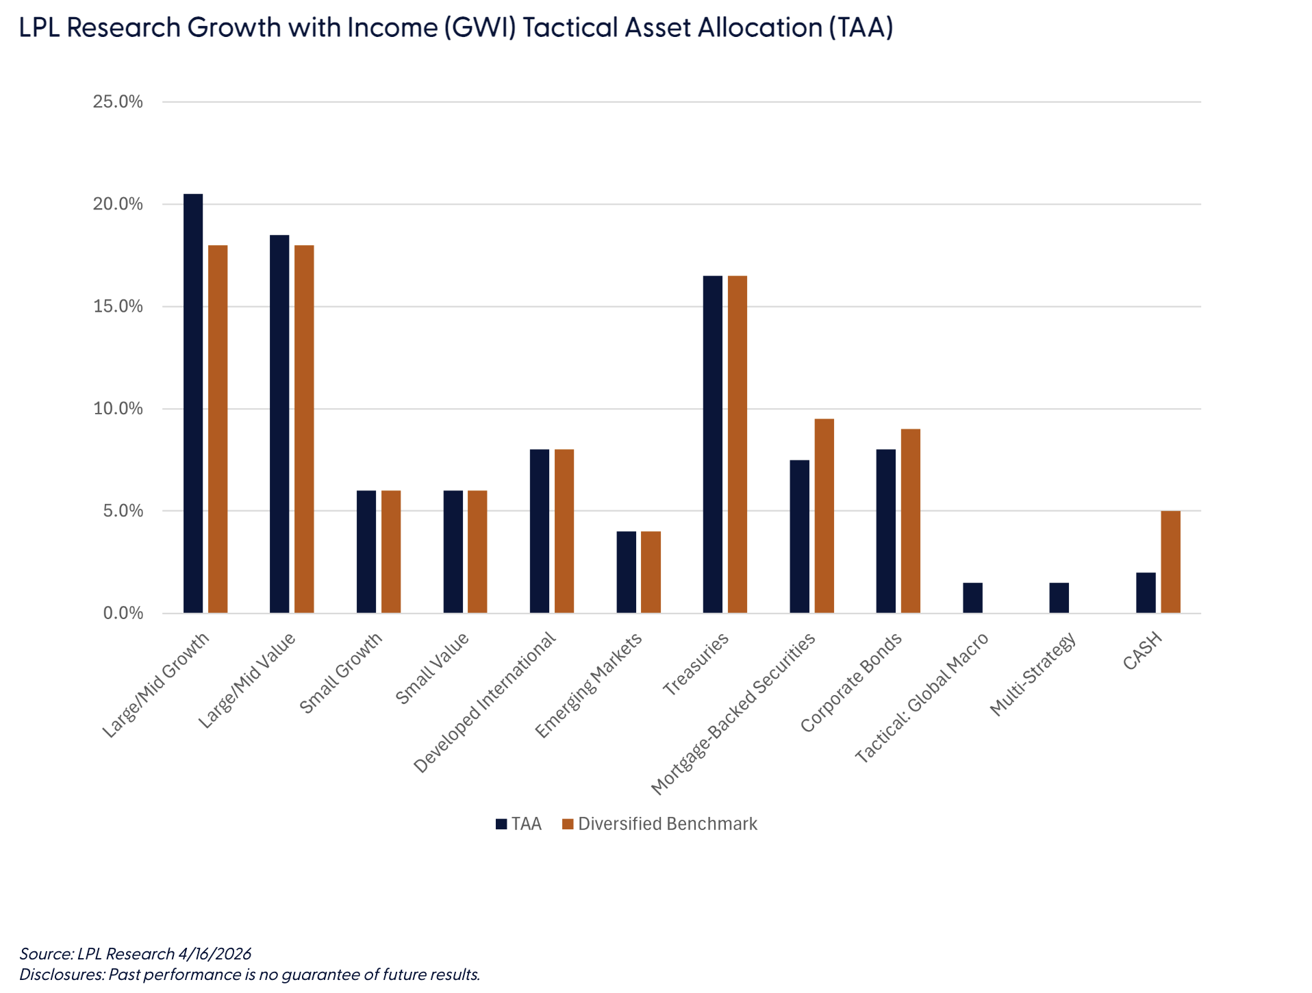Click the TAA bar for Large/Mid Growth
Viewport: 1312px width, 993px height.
tap(193, 403)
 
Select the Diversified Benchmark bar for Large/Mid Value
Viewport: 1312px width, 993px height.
tap(304, 429)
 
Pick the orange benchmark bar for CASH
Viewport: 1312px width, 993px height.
tap(1170, 562)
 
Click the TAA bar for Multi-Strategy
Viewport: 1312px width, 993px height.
tap(1059, 598)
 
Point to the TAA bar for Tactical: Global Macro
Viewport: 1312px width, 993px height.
tap(972, 598)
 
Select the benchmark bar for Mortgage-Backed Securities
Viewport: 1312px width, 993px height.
tap(824, 516)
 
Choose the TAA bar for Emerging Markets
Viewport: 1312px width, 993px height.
tap(626, 572)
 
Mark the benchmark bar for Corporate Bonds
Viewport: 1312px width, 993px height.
tap(910, 520)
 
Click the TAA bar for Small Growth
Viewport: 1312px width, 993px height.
tap(366, 551)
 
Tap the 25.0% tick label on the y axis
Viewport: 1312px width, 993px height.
tap(118, 102)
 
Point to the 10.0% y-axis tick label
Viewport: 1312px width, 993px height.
tap(118, 409)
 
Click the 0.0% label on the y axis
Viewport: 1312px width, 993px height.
tap(123, 613)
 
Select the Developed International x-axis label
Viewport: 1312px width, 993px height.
tap(485, 702)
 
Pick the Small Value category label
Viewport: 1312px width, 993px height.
tap(432, 668)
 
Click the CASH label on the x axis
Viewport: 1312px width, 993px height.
tap(1142, 651)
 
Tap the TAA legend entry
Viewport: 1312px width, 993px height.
tap(518, 824)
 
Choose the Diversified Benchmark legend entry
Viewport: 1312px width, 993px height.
tap(659, 824)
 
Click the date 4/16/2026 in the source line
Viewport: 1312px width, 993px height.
tap(214, 953)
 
